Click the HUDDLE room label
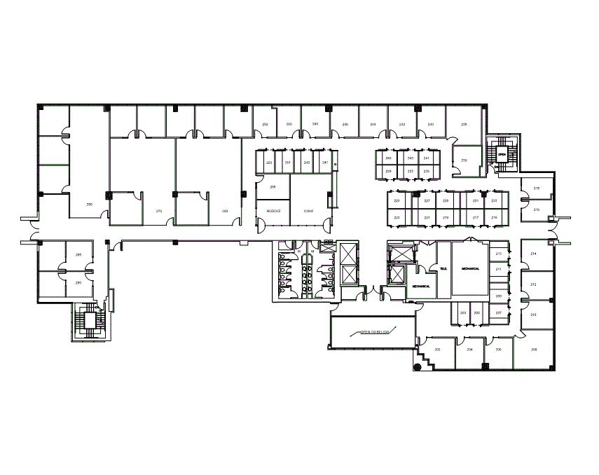(273, 211)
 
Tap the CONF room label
(308, 211)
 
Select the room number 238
(464, 124)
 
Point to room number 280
(89, 204)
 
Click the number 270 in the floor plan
(159, 211)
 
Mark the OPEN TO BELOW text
(374, 332)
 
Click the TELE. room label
(443, 268)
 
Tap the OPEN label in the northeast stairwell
(502, 154)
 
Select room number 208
(534, 349)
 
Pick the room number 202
(437, 349)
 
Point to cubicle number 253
(270, 163)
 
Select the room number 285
(78, 254)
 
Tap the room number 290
(78, 282)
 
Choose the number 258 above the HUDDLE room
(273, 187)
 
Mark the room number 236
(464, 160)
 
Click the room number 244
(373, 124)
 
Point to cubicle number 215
(494, 218)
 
